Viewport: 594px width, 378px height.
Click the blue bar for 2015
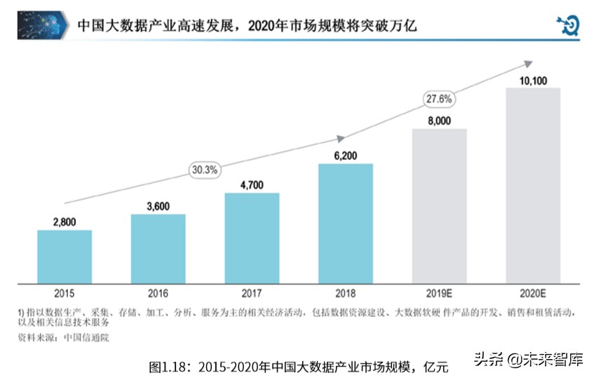(x=65, y=257)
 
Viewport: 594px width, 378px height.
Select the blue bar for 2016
(x=158, y=249)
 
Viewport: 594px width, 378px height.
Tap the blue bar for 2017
(x=252, y=238)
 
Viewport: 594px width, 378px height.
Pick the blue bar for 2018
(x=345, y=224)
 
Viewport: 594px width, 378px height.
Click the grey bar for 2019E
(x=439, y=206)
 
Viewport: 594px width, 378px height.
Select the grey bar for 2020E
(x=533, y=186)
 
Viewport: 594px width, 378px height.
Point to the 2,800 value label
(x=65, y=222)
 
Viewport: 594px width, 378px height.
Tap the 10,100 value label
(x=533, y=81)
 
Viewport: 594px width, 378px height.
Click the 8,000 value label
(x=439, y=121)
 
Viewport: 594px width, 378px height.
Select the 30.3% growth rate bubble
(x=205, y=169)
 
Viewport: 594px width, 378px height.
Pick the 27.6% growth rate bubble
(x=439, y=98)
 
